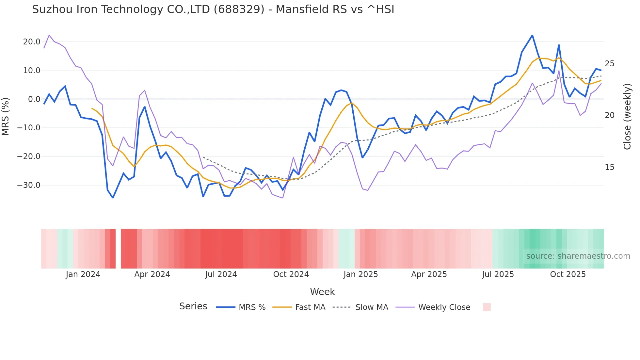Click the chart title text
(x=213, y=9)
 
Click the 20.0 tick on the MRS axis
(x=32, y=42)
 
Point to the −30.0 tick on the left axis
(x=29, y=185)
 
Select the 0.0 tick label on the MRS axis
(x=34, y=99)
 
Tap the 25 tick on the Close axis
(x=609, y=64)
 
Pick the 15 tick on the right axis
(x=609, y=167)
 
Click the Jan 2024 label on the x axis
(x=83, y=274)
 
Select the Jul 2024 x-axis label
(x=221, y=274)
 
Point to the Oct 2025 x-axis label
(x=568, y=274)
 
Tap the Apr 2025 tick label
(x=429, y=274)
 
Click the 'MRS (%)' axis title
(x=6, y=116)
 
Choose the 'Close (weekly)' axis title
(x=627, y=117)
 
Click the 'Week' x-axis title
(x=322, y=292)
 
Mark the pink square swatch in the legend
(x=487, y=307)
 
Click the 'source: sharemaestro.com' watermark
(x=578, y=256)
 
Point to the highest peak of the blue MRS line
(x=532, y=35)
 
